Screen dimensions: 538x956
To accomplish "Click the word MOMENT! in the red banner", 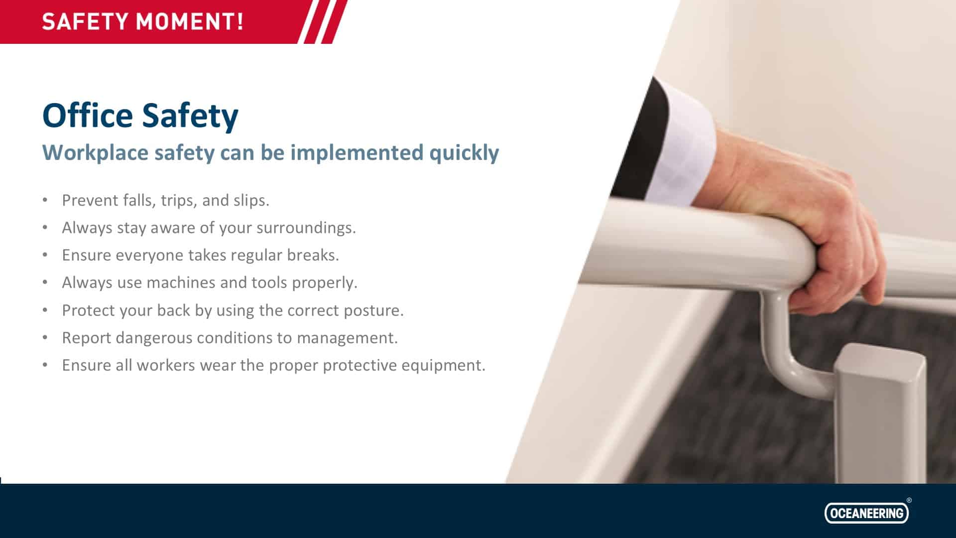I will click(190, 22).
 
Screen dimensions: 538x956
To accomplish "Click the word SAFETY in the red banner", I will click(85, 22).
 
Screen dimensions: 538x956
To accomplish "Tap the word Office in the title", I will click(88, 116).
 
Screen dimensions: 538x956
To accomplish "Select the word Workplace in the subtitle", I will click(95, 153).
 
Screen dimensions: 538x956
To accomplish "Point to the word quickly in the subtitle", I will click(464, 153).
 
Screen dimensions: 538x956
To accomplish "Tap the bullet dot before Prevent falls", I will click(45, 200).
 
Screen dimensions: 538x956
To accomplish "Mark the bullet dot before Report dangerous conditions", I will click(45, 338).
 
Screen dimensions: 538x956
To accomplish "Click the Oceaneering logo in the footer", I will click(866, 513).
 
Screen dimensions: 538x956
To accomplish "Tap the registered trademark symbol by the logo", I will click(909, 500).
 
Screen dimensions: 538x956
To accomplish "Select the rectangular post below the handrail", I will click(879, 413).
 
